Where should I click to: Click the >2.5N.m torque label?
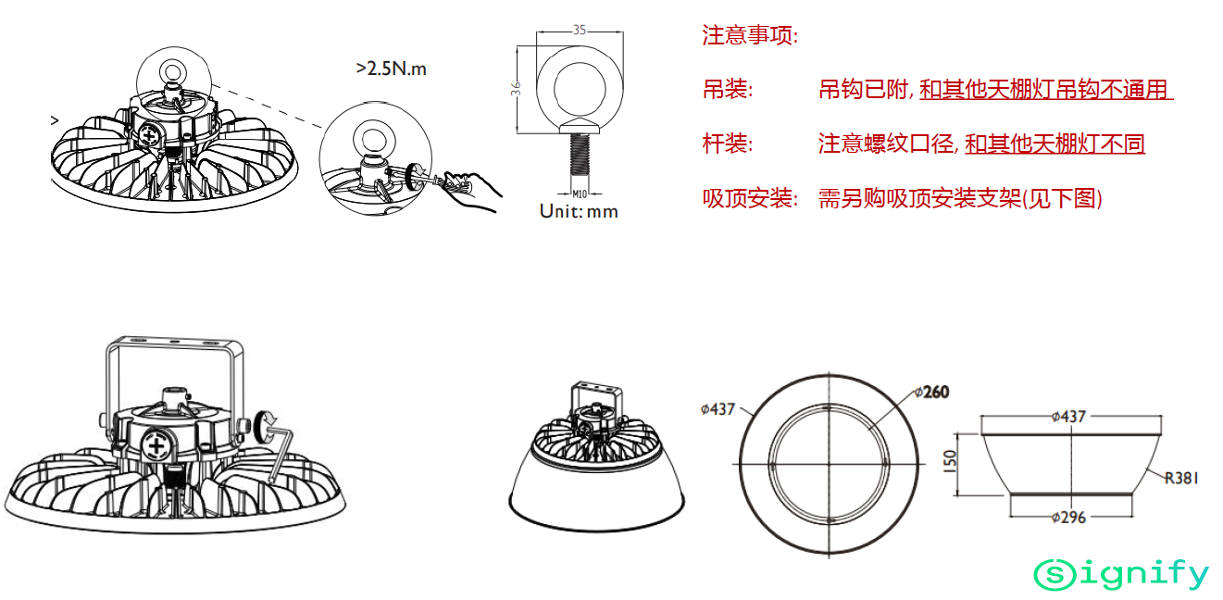coord(391,69)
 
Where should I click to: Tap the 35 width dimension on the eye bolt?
coord(580,30)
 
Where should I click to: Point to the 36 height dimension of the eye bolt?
coord(516,89)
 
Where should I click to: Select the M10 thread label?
coord(580,194)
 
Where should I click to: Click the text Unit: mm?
coord(579,211)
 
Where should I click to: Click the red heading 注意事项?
coord(750,35)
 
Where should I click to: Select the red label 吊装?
coord(728,90)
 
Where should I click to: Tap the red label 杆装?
coord(728,144)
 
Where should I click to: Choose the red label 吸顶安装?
coord(750,198)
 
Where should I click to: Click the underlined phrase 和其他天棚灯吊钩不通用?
coord(1045,90)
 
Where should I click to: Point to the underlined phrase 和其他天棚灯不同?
coord(1055,144)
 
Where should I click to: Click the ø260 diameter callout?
coord(932,392)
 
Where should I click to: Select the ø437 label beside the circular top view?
coord(718,409)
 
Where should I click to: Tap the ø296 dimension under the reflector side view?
coord(1068,517)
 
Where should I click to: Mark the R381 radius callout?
coord(1181,479)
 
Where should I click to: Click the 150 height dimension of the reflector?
coord(950,461)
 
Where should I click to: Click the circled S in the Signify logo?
coord(1055,575)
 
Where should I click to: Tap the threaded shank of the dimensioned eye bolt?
coord(580,154)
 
